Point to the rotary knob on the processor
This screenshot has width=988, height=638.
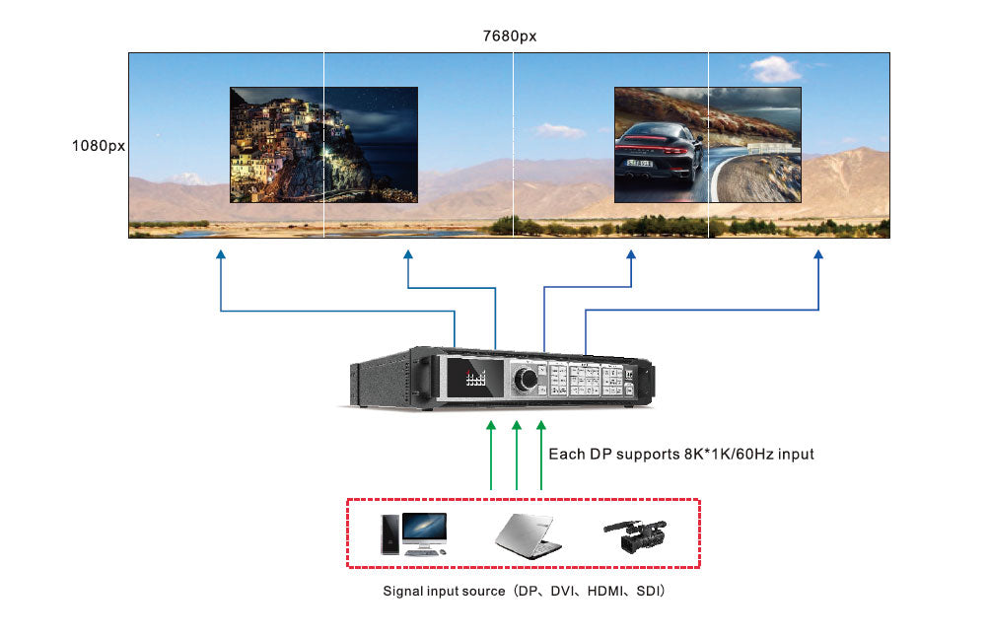[x=528, y=378]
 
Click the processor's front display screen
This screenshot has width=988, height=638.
[x=477, y=378]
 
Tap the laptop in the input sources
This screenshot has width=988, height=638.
[x=528, y=534]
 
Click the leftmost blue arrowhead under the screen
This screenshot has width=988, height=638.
[x=221, y=255]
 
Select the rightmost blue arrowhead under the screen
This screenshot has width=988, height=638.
[x=818, y=255]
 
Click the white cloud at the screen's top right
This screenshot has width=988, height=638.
[x=774, y=69]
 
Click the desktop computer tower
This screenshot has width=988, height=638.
[x=390, y=533]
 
